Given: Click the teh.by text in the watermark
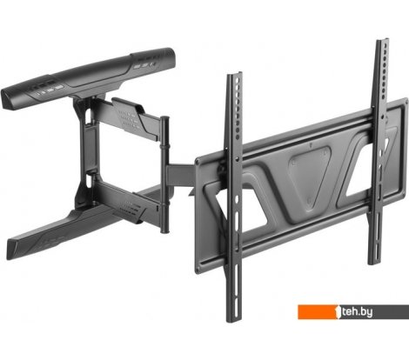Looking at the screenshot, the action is [357, 312].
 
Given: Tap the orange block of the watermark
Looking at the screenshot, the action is [318, 312].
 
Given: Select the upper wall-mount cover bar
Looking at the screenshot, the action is [89, 78].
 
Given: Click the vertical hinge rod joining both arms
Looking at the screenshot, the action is [164, 175].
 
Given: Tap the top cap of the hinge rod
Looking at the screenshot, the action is [164, 118].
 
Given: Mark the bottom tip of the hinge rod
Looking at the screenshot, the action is [164, 232].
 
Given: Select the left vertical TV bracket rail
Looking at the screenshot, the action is [234, 197].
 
